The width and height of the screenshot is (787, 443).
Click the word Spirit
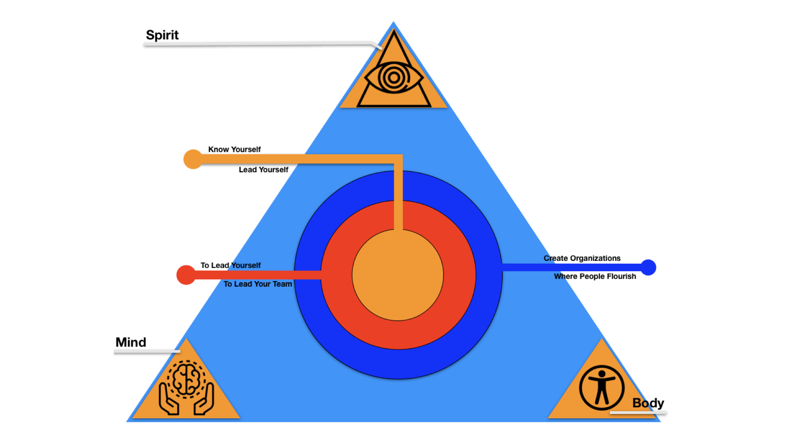pyautogui.click(x=162, y=35)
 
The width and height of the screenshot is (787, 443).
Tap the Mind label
pyautogui.click(x=131, y=342)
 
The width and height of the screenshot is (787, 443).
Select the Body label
pyautogui.click(x=648, y=403)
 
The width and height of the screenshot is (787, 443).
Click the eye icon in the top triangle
pyautogui.click(x=393, y=77)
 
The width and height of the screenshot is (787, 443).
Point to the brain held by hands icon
pyautogui.click(x=187, y=388)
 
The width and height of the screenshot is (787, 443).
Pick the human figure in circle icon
pyautogui.click(x=601, y=388)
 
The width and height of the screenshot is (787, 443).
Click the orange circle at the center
pyautogui.click(x=398, y=275)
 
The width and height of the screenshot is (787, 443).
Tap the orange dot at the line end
pyautogui.click(x=193, y=159)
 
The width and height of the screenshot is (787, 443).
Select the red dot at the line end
pyautogui.click(x=186, y=275)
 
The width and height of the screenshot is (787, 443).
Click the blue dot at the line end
pyautogui.click(x=648, y=267)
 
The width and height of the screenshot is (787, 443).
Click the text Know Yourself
pyautogui.click(x=234, y=149)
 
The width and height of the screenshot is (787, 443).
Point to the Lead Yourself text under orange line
pyautogui.click(x=264, y=169)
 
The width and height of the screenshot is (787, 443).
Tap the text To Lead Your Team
pyautogui.click(x=257, y=284)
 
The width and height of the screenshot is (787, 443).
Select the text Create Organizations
pyautogui.click(x=582, y=258)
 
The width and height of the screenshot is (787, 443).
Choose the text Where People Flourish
pyautogui.click(x=595, y=276)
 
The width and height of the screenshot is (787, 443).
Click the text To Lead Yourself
pyautogui.click(x=230, y=265)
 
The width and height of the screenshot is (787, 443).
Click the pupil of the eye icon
pyautogui.click(x=393, y=77)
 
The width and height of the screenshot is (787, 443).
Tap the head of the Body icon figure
pyautogui.click(x=602, y=374)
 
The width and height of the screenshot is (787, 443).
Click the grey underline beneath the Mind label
pyautogui.click(x=147, y=352)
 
